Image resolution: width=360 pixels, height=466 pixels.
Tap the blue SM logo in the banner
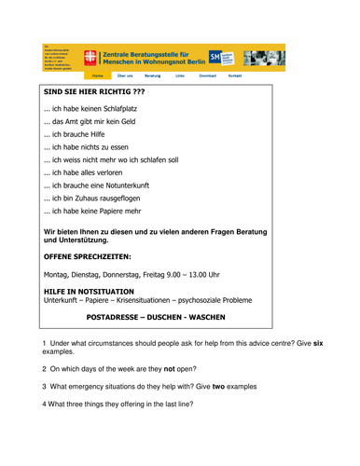tap(215, 57)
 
